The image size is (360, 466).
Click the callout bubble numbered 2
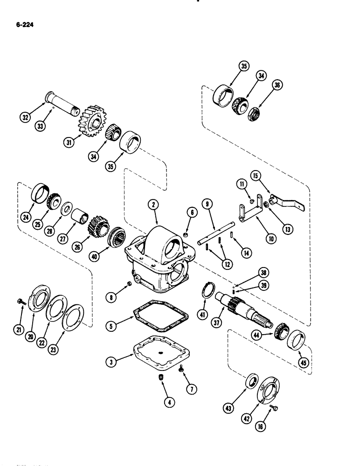click(152, 203)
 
